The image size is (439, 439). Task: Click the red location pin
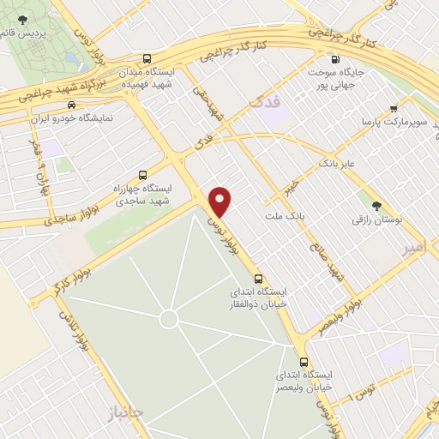(221, 201)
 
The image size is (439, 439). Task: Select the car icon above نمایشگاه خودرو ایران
(70, 105)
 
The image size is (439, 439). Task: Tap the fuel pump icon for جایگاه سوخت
(334, 59)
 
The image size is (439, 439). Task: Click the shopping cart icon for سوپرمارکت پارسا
(393, 109)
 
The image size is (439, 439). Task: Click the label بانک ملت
(286, 215)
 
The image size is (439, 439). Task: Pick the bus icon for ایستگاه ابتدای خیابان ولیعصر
(303, 361)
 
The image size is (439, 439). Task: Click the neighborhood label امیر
(414, 249)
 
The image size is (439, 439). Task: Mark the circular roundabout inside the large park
(169, 320)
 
